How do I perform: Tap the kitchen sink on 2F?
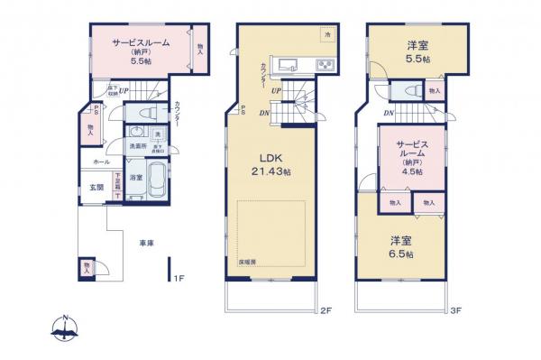click(x=290, y=65)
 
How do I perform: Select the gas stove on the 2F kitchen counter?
click(x=324, y=65)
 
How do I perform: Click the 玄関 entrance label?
click(x=96, y=188)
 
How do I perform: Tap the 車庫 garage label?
click(x=144, y=244)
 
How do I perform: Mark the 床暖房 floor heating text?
click(x=248, y=261)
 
